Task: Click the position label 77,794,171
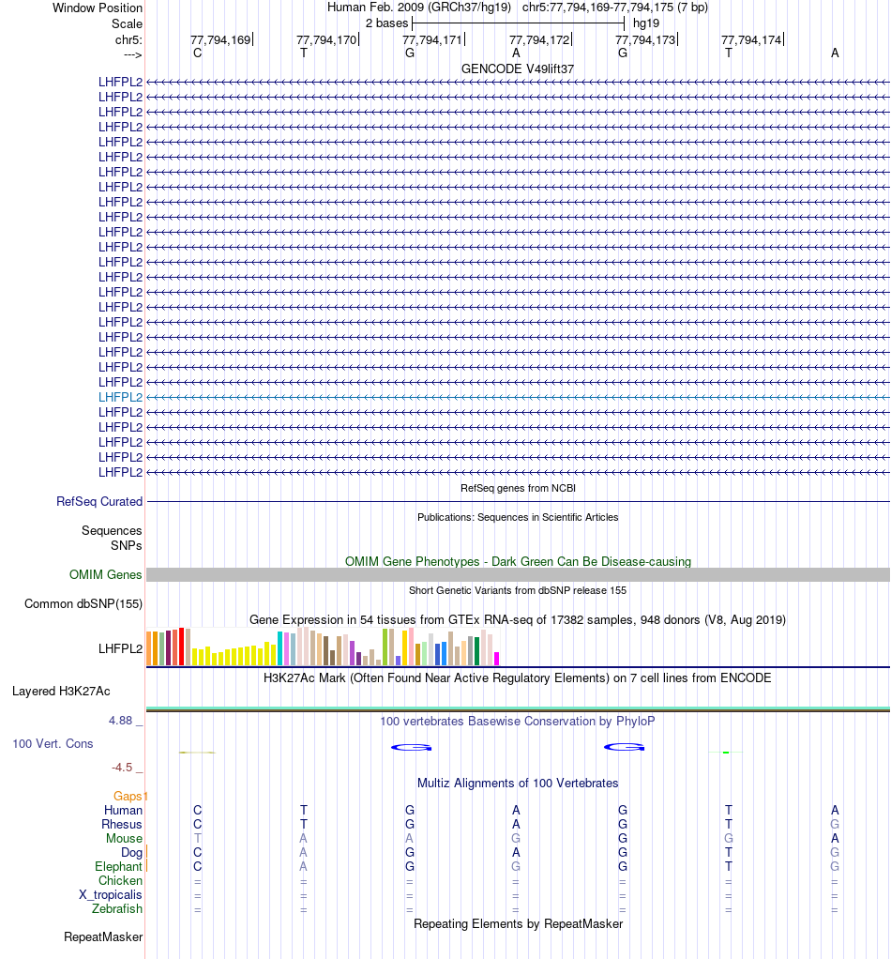click(x=432, y=39)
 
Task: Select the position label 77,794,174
click(x=751, y=39)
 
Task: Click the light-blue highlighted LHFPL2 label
click(x=120, y=397)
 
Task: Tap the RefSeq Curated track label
click(x=98, y=502)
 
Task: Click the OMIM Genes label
click(x=105, y=575)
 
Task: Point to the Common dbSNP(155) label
click(x=83, y=604)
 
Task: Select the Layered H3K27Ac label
click(x=61, y=692)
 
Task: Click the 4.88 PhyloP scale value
click(x=122, y=721)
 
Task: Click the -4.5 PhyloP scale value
click(x=123, y=768)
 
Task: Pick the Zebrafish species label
click(x=117, y=909)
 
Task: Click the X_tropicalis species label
click(x=111, y=895)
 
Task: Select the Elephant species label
click(x=118, y=867)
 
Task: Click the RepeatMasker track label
click(x=103, y=936)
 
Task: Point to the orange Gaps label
click(x=129, y=797)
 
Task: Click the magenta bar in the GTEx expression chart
click(x=497, y=658)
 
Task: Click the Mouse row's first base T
click(x=197, y=839)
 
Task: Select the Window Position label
click(x=98, y=8)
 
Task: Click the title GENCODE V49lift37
click(x=518, y=69)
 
